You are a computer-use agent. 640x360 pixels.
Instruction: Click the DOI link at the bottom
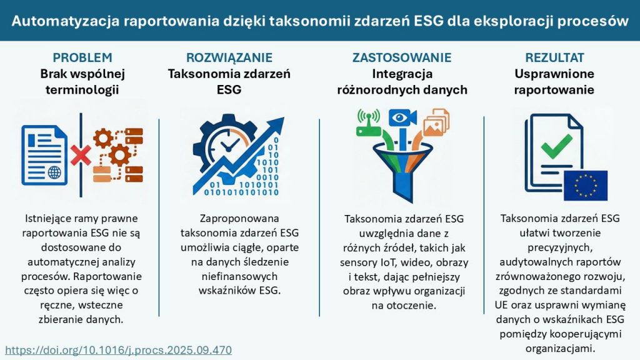pyautogui.click(x=118, y=350)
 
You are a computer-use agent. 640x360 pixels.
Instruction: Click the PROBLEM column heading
pyautogui.click(x=82, y=57)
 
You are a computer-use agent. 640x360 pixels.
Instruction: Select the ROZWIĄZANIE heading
pyautogui.click(x=229, y=57)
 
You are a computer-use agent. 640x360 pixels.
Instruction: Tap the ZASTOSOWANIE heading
pyautogui.click(x=402, y=57)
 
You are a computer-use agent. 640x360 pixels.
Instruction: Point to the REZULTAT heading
pyautogui.click(x=554, y=57)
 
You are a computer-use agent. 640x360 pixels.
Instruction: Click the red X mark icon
pyautogui.click(x=81, y=156)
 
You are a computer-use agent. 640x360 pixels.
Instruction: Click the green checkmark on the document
pyautogui.click(x=556, y=146)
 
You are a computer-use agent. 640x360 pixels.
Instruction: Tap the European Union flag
pyautogui.click(x=585, y=186)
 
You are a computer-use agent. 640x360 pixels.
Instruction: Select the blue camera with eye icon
pyautogui.click(x=402, y=118)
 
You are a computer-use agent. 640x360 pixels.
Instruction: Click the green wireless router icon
pyautogui.click(x=369, y=122)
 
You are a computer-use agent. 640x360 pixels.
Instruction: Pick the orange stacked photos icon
pyautogui.click(x=436, y=122)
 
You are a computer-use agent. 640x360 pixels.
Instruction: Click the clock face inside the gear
pyautogui.click(x=227, y=145)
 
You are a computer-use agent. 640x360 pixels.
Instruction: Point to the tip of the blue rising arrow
pyautogui.click(x=284, y=118)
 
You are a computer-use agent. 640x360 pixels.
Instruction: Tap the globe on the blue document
pyautogui.click(x=54, y=172)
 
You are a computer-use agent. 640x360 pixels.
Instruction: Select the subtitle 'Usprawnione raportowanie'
pyautogui.click(x=554, y=82)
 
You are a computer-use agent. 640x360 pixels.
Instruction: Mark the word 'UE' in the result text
pyautogui.click(x=501, y=305)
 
